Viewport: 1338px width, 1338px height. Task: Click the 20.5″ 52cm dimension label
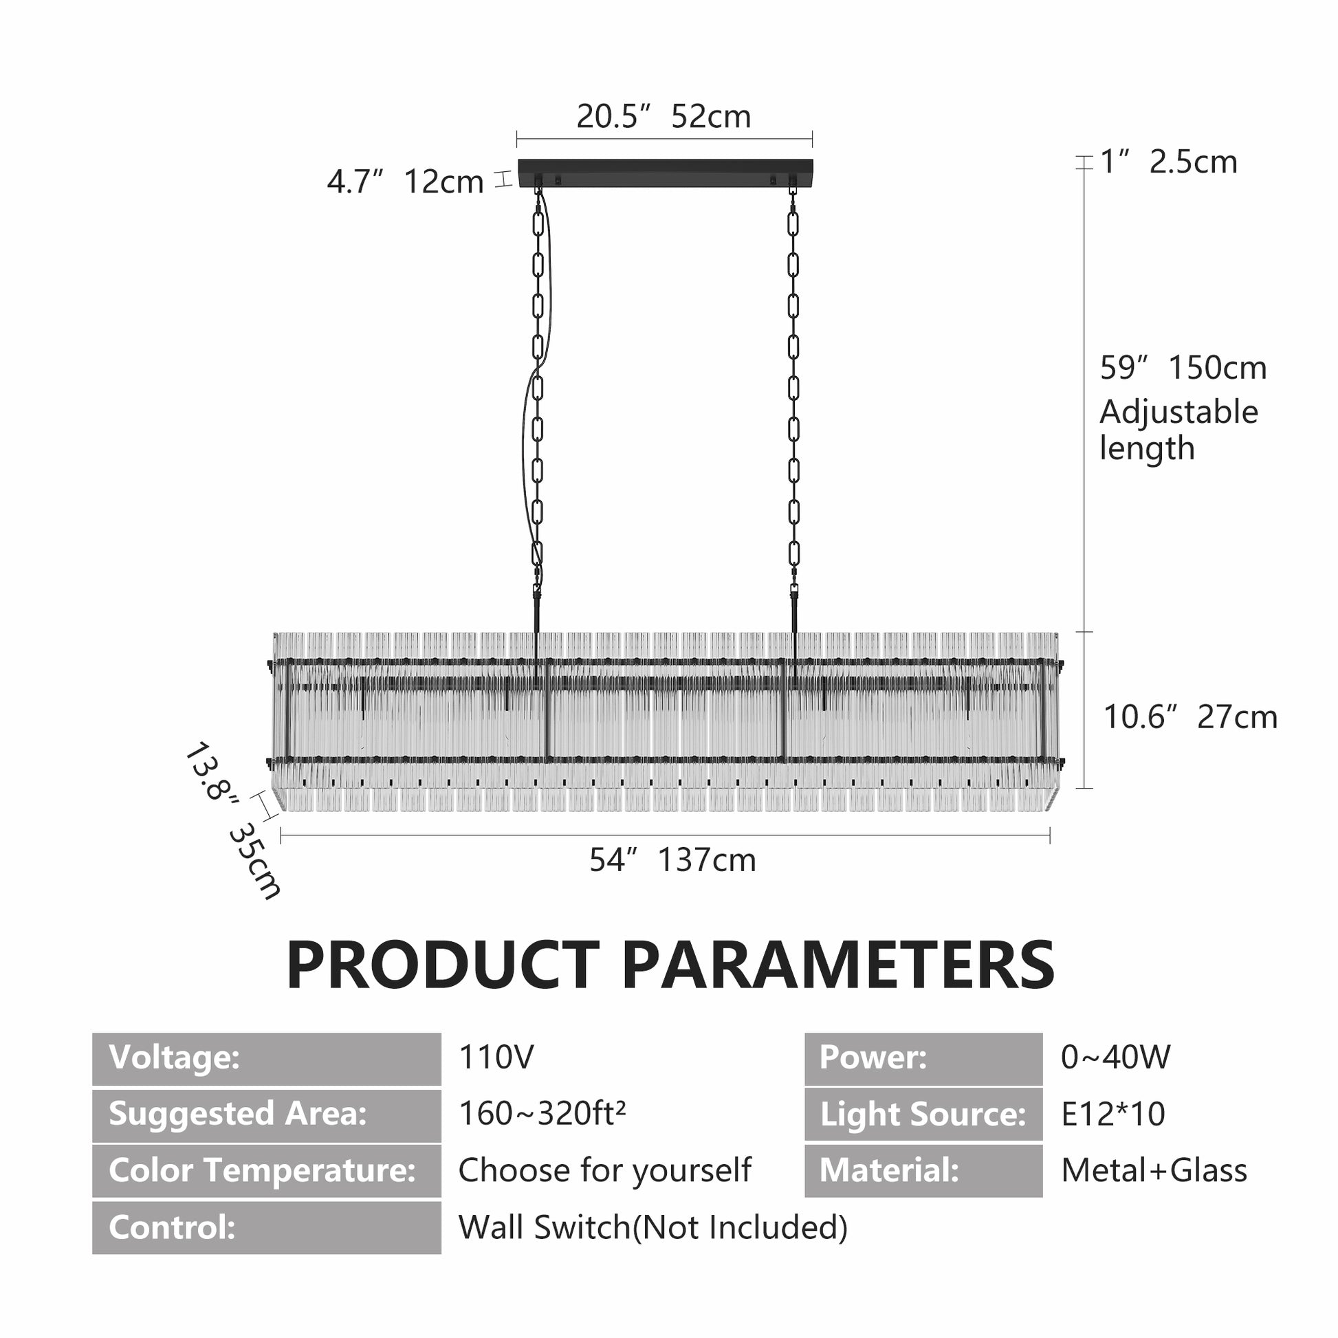click(x=663, y=116)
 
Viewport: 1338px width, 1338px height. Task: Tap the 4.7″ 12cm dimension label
click(x=405, y=182)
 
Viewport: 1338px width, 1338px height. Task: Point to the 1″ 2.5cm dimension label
click(x=1168, y=162)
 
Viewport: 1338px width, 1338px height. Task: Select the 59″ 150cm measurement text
click(x=1183, y=368)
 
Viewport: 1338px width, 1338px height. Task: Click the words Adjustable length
click(x=1178, y=430)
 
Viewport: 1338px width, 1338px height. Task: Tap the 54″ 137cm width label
click(x=672, y=860)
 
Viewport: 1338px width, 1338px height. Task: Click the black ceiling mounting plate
click(x=666, y=173)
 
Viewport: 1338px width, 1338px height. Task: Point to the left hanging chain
click(x=538, y=408)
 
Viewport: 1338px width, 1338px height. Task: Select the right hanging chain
click(x=793, y=408)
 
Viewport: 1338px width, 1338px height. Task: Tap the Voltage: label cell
click(x=267, y=1059)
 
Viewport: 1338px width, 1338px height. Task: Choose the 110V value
click(x=496, y=1057)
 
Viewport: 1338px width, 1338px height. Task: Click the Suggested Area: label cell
click(x=267, y=1115)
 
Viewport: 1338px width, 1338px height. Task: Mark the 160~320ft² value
click(x=542, y=1114)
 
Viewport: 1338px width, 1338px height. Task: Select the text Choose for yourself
click(x=604, y=1171)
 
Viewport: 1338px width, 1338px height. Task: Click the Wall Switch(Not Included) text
click(x=653, y=1227)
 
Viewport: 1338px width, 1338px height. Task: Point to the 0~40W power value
click(x=1116, y=1057)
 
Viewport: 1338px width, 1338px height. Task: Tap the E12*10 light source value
click(x=1113, y=1114)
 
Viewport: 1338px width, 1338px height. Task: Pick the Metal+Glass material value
click(x=1154, y=1170)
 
